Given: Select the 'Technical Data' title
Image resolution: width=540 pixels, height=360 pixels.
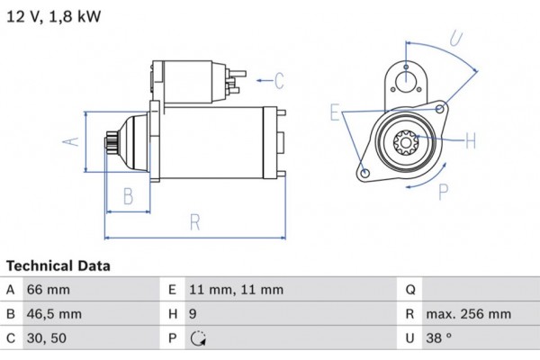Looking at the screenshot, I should pyautogui.click(x=58, y=265).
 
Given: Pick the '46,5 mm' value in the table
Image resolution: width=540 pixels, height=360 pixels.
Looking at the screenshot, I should pyautogui.click(x=55, y=314).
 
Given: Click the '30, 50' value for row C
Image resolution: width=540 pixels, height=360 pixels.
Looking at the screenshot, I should pyautogui.click(x=48, y=338).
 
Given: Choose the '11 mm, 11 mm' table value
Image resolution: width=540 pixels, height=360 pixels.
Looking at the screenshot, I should pyautogui.click(x=236, y=290).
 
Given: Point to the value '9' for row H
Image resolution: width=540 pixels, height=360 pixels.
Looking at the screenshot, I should pyautogui.click(x=193, y=314).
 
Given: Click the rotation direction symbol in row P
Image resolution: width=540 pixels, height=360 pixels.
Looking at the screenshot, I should pyautogui.click(x=198, y=339).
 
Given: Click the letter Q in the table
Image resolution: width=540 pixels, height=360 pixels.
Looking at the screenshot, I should pyautogui.click(x=409, y=290).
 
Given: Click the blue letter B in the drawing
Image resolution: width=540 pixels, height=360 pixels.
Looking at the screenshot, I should pyautogui.click(x=128, y=195).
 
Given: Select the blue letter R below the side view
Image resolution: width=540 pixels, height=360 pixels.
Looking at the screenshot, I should pyautogui.click(x=193, y=222).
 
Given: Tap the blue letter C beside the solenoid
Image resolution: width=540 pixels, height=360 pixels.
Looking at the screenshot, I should pyautogui.click(x=278, y=81).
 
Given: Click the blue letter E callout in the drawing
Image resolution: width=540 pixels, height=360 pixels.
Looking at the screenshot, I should pyautogui.click(x=336, y=112).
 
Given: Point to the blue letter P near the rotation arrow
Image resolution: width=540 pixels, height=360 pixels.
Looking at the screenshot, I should pyautogui.click(x=443, y=191).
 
